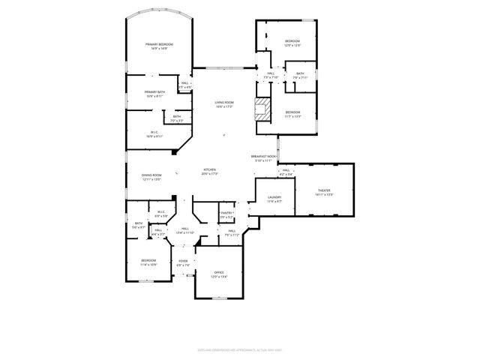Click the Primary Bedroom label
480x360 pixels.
click(x=159, y=46)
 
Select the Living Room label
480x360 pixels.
click(x=225, y=104)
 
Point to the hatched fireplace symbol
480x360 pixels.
click(x=262, y=109)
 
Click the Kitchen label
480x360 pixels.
click(x=209, y=172)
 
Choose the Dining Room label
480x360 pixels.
click(x=151, y=177)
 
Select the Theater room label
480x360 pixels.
click(x=324, y=192)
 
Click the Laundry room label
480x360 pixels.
click(x=274, y=199)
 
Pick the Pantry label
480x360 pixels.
click(x=226, y=214)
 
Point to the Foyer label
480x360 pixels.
click(x=183, y=262)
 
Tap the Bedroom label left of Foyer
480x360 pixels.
click(x=148, y=262)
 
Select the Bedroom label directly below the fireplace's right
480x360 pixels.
click(x=292, y=114)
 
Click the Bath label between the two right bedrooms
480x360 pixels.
click(x=300, y=75)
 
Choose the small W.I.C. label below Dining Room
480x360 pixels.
click(x=161, y=214)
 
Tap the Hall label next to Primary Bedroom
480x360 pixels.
click(x=184, y=85)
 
